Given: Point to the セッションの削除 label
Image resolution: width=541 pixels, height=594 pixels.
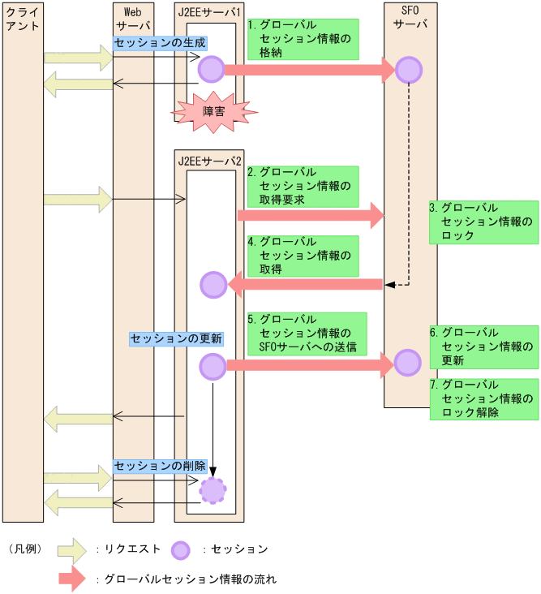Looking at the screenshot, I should pyautogui.click(x=160, y=466).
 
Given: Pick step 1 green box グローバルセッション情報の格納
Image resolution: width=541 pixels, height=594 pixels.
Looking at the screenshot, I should pyautogui.click(x=302, y=39).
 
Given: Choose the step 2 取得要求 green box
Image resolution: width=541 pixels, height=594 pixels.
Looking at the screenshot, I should pyautogui.click(x=302, y=186).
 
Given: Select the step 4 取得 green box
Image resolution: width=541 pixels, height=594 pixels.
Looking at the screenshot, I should pyautogui.click(x=302, y=256).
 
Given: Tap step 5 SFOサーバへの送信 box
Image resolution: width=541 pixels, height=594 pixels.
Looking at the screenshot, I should pyautogui.click(x=306, y=334).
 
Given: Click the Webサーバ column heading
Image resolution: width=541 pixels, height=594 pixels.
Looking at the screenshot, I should pyautogui.click(x=133, y=19).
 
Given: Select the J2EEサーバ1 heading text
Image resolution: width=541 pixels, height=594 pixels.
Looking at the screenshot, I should pyautogui.click(x=209, y=13).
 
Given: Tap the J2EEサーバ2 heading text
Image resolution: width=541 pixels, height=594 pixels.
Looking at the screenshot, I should pyautogui.click(x=209, y=160).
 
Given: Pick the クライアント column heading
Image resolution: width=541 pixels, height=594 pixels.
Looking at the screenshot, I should pyautogui.click(x=22, y=19).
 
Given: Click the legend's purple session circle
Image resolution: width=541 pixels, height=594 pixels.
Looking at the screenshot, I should pyautogui.click(x=181, y=550).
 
